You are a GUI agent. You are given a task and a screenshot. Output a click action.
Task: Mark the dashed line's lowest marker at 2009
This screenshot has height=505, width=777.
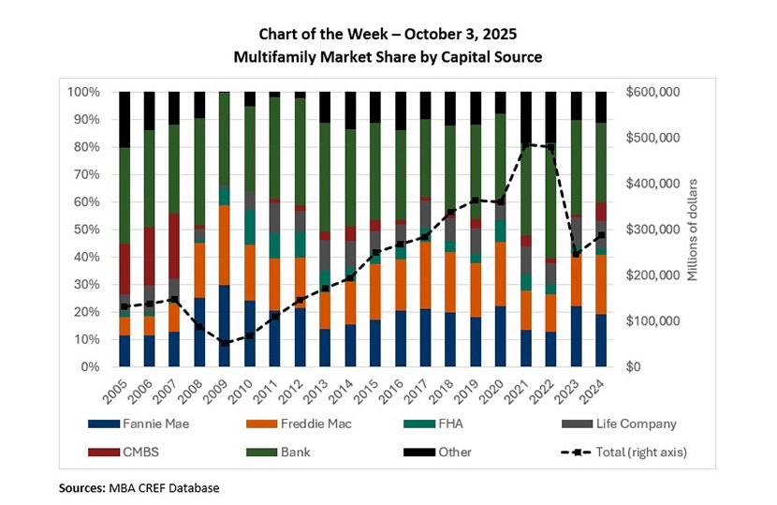coord(224,343)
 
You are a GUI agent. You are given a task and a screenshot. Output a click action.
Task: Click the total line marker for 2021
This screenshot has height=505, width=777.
coord(525,144)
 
